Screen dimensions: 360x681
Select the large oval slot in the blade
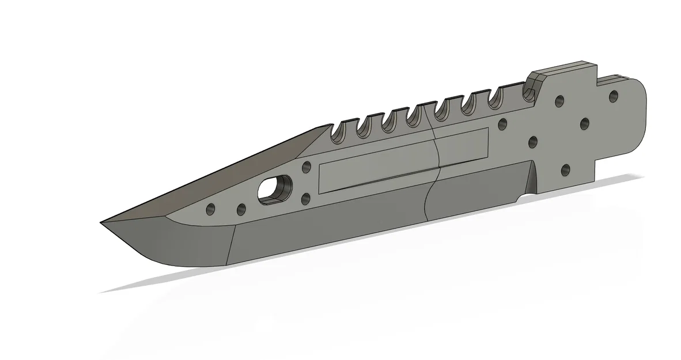tap(274, 189)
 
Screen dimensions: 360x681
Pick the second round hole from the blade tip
tap(241, 209)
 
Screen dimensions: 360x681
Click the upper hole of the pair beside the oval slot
tap(306, 167)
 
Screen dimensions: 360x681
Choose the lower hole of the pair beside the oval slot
tap(305, 199)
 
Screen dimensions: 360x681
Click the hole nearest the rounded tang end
tap(613, 96)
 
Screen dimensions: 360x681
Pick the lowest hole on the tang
tap(566, 169)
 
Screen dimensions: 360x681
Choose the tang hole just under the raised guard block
tap(558, 101)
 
